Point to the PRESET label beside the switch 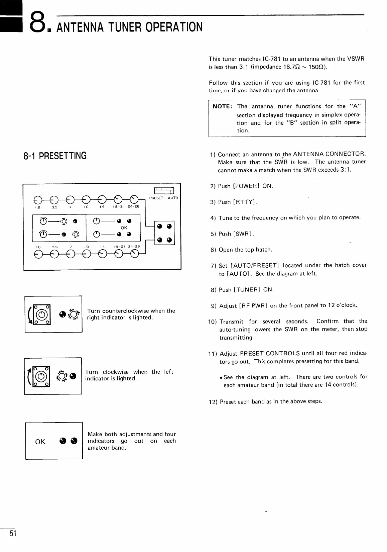156,198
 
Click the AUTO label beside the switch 173,198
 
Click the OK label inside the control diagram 124,228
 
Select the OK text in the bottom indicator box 40,442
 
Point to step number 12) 213,402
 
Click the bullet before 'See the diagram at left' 221,378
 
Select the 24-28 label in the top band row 133,206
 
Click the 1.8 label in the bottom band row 38,247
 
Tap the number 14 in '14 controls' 328,385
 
